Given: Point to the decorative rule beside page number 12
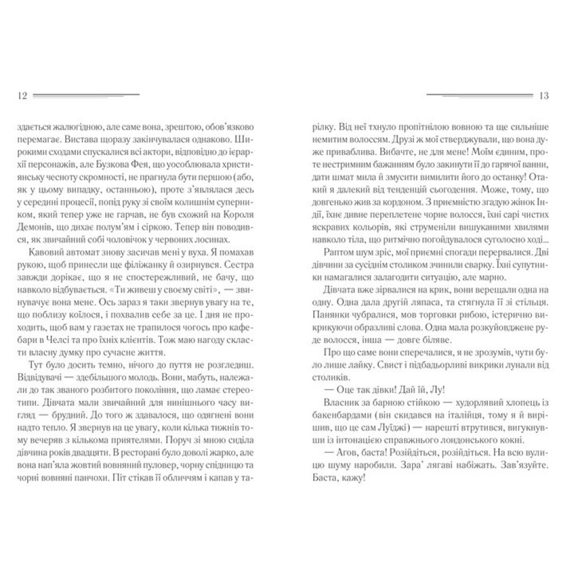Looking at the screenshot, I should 86,95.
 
